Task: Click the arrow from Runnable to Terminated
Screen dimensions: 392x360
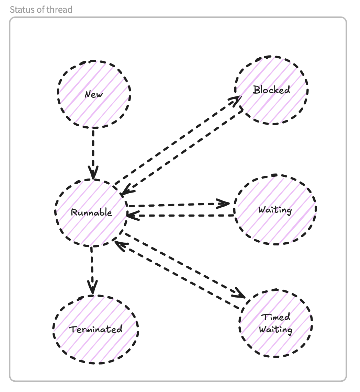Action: [x=92, y=269]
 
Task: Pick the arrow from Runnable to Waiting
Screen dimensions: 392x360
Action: [x=179, y=205]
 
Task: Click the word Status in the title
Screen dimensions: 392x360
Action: [x=20, y=9]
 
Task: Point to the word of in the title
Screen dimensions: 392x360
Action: [x=39, y=9]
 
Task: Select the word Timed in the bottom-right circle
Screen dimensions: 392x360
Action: [x=275, y=317]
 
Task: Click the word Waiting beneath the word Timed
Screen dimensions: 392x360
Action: [x=275, y=330]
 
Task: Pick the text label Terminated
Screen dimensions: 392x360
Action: [x=96, y=330]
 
